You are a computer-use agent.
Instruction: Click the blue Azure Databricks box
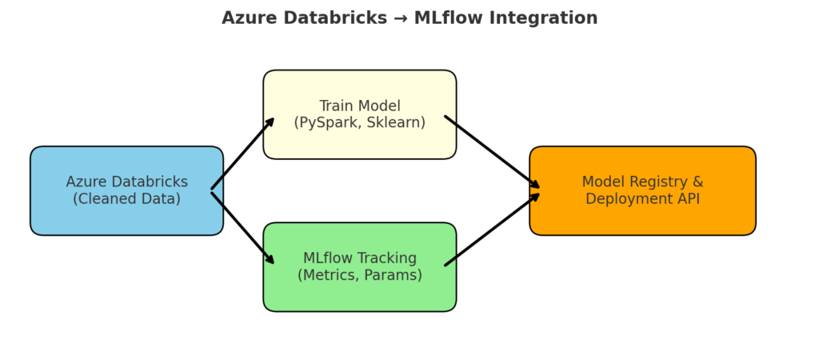pos(127,190)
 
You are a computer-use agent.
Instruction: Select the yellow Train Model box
pos(360,114)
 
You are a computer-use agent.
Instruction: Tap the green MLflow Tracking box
pos(360,267)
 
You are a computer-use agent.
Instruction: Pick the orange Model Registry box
pos(642,190)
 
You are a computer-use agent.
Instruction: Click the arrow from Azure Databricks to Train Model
pos(243,154)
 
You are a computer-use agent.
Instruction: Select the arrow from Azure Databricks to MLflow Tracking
pos(243,228)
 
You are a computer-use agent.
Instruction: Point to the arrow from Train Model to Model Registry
pos(492,152)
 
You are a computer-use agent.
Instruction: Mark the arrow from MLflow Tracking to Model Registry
pos(492,230)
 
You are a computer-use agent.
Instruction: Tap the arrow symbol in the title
pos(400,18)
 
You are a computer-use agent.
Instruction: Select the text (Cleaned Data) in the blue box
pos(126,199)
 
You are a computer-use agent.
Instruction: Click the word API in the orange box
pos(689,199)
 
